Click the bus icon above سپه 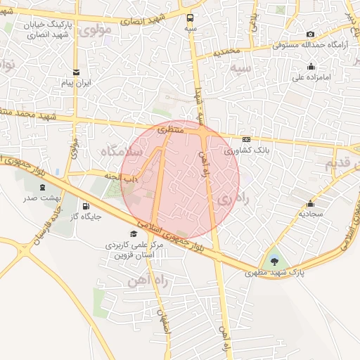(x=191, y=19)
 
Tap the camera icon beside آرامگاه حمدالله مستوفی (x=311, y=34)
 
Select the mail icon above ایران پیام (x=76, y=72)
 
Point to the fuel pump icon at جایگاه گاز (x=86, y=207)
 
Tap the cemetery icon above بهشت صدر (x=44, y=188)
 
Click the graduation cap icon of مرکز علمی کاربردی (x=134, y=233)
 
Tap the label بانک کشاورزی (x=246, y=150)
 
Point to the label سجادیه (x=310, y=211)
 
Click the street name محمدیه (x=228, y=51)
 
